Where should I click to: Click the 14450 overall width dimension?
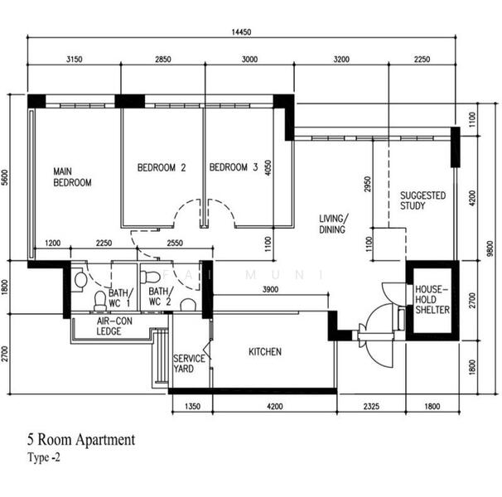coord(241,32)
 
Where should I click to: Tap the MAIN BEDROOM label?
coord(72,177)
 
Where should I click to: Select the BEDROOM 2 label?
coord(162,167)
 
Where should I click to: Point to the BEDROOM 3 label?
coord(234,167)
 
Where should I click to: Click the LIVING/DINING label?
coord(333,224)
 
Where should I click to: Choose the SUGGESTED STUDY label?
coord(422,200)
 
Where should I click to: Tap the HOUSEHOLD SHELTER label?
coord(432,300)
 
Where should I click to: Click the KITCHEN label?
coord(265,351)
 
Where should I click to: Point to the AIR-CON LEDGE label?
coord(114,326)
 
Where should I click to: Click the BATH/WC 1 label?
coord(119,298)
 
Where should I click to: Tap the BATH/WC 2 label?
coord(161,297)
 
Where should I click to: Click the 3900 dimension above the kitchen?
coord(270,289)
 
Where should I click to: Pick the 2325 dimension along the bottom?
coord(371,407)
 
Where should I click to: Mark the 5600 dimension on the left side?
coord(5,177)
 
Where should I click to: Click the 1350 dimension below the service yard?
coord(193,407)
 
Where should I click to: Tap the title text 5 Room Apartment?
coord(81,439)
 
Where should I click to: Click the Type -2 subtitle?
coord(44,457)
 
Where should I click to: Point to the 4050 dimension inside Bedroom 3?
coord(268,168)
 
